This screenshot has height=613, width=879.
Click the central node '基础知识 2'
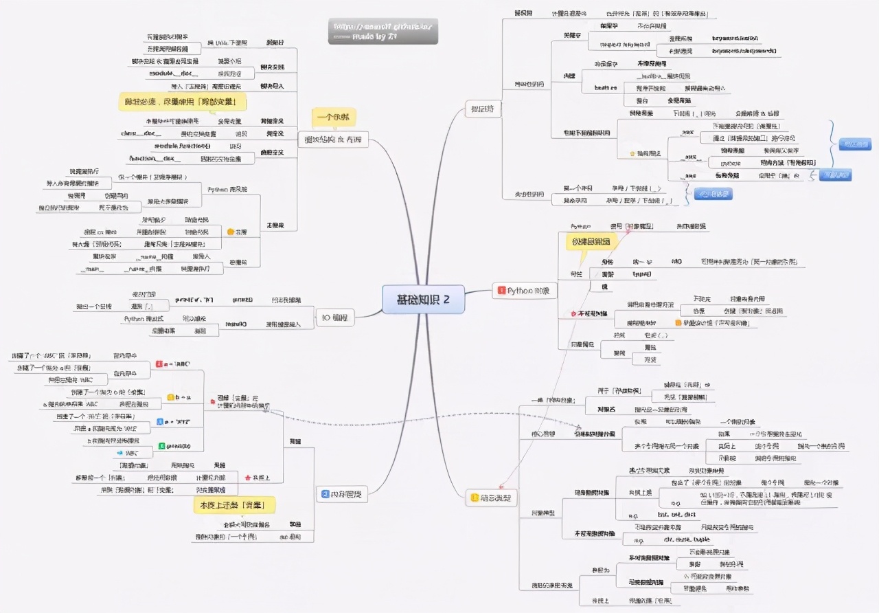pos(423,300)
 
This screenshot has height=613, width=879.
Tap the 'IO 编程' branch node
pos(335,317)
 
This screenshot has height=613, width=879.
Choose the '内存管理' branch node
pos(343,494)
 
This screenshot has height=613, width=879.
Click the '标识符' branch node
pos(483,109)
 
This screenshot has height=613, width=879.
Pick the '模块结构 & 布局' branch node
pos(333,140)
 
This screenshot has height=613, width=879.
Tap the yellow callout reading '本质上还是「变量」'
pos(235,506)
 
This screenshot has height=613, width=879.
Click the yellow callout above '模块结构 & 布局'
pos(333,117)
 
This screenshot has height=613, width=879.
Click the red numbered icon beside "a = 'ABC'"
pos(160,364)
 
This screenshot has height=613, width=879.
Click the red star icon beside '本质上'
pos(247,477)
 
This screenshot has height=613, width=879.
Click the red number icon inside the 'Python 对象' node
pos(501,291)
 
